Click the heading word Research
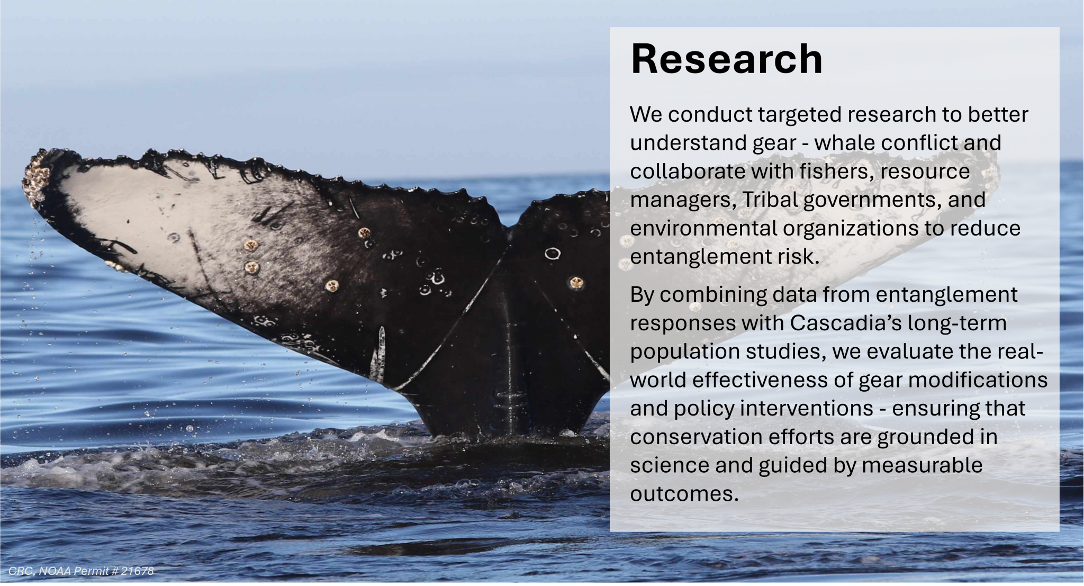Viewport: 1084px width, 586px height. click(726, 59)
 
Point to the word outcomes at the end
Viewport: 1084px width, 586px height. click(684, 494)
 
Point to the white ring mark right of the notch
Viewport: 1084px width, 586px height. click(553, 254)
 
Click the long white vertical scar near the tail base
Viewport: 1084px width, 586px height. click(380, 353)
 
